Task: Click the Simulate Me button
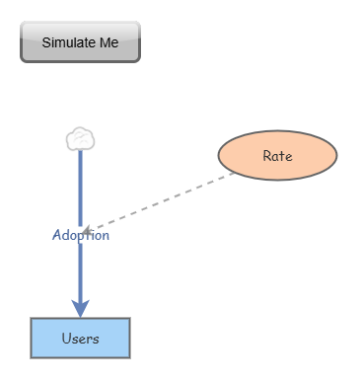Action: point(81,42)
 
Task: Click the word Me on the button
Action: point(108,42)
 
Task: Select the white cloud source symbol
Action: point(80,139)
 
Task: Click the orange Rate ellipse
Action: point(277,156)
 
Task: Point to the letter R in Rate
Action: point(266,156)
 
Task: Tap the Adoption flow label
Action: point(81,236)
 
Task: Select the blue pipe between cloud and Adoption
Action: point(80,188)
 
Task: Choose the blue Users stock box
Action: point(80,339)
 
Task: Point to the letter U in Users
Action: point(65,339)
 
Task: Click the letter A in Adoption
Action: point(56,236)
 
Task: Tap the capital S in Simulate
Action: point(45,42)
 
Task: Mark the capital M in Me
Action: point(103,42)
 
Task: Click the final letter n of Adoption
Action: point(106,237)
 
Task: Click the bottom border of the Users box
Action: point(80,356)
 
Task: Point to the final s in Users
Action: point(96,340)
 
